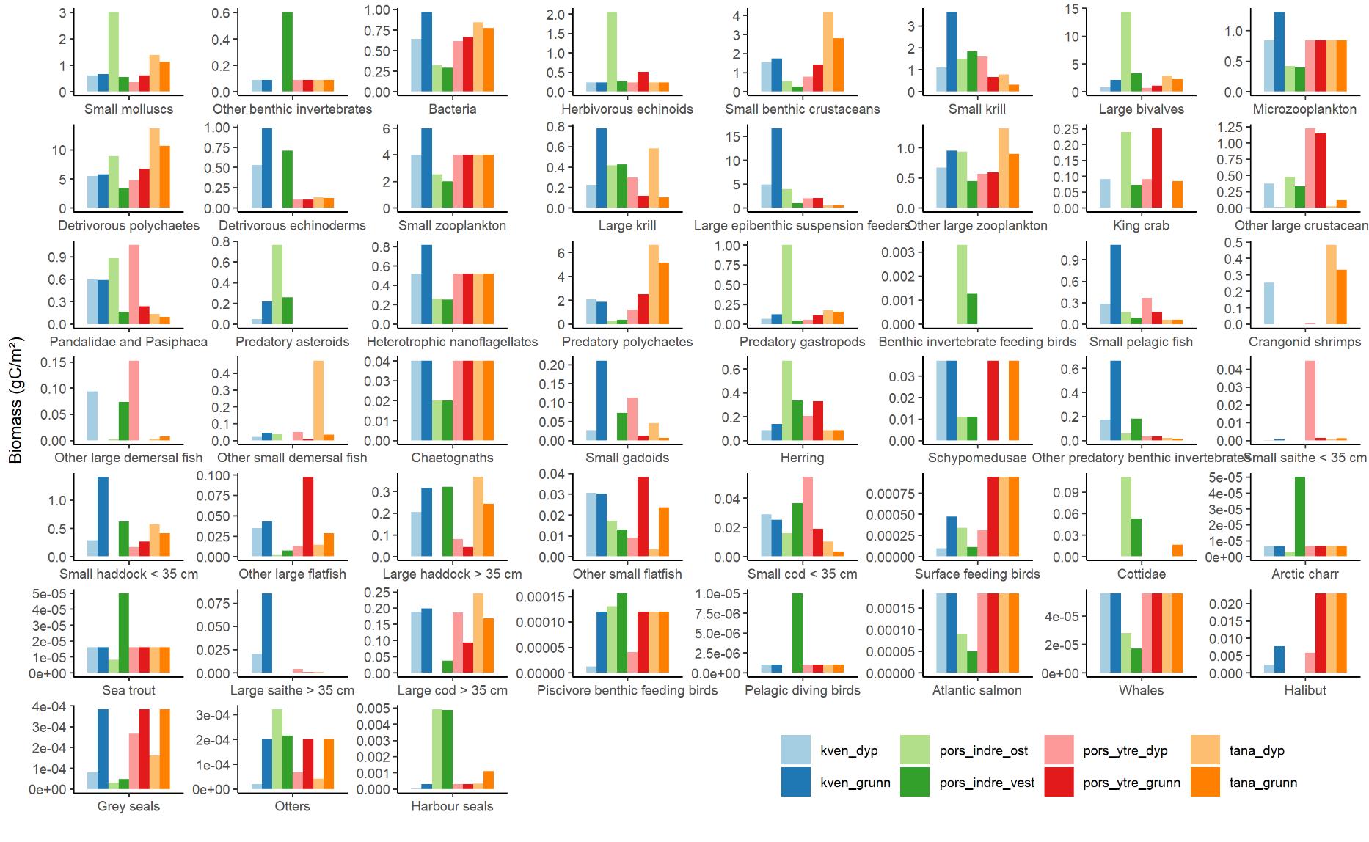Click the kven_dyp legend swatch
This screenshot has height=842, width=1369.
[x=796, y=750]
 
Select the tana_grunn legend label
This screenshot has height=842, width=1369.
[x=1263, y=783]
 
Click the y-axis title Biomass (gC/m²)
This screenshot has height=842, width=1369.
[x=15, y=400]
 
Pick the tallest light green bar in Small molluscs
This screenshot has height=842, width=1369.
[x=114, y=52]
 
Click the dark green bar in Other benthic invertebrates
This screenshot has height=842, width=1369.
[x=288, y=52]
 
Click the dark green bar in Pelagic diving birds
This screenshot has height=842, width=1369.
[x=797, y=633]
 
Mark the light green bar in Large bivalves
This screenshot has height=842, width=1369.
[x=1125, y=52]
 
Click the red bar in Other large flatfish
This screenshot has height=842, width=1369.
[x=308, y=517]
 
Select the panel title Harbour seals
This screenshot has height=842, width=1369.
[x=452, y=806]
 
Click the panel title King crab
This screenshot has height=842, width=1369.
[x=1141, y=225]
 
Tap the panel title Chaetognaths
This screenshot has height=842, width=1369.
[x=452, y=458]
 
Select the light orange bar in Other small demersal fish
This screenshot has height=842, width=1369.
[x=318, y=400]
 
